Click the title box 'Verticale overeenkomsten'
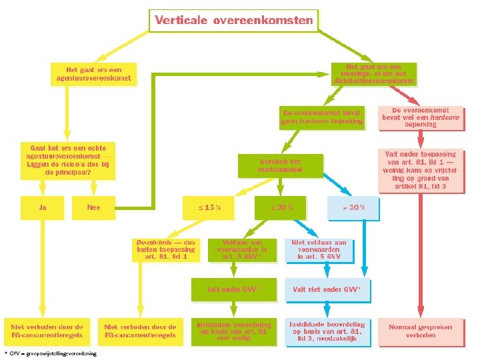click(x=233, y=20)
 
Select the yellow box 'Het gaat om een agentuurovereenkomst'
click(x=93, y=73)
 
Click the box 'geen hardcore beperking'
click(x=323, y=117)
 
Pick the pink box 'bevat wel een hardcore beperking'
click(x=420, y=117)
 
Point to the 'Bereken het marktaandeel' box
click(x=280, y=166)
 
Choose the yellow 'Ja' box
click(x=43, y=207)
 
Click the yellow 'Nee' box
click(x=93, y=207)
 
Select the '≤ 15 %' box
click(x=209, y=207)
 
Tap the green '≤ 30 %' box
click(x=281, y=207)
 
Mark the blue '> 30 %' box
click(x=353, y=207)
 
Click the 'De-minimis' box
click(x=165, y=249)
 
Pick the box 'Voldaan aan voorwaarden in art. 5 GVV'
click(x=242, y=249)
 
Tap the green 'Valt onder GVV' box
click(x=233, y=289)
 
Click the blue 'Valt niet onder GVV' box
click(x=327, y=289)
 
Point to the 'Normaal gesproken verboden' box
click(x=420, y=331)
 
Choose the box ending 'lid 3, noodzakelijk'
click(x=327, y=331)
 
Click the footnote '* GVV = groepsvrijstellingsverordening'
click(x=50, y=353)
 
